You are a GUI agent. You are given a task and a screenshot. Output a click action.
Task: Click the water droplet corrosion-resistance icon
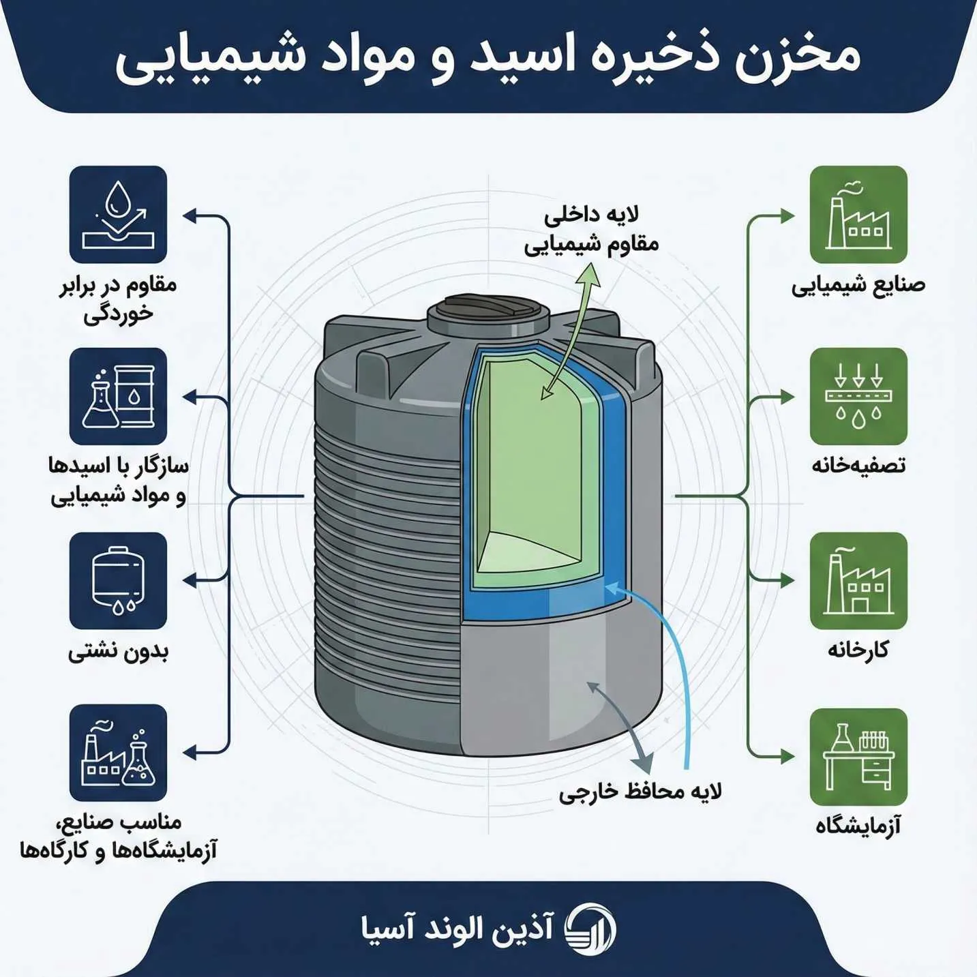118,214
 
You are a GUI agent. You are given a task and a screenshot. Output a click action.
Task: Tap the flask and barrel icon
118,396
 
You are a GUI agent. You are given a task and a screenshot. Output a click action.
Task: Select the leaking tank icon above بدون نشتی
118,581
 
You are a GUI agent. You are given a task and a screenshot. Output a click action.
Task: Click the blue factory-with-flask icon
118,753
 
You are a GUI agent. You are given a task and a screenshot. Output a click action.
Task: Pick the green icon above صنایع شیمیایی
858,214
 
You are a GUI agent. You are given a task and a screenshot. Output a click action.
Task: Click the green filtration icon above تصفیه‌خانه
858,396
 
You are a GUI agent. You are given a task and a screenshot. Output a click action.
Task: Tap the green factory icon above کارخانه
858,581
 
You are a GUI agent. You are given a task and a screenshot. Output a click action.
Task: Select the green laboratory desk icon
858,757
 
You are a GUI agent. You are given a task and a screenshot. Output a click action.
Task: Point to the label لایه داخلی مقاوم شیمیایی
591,230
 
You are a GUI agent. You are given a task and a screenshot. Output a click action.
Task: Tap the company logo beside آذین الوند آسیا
590,929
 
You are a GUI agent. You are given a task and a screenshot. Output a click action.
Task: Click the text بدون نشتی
118,652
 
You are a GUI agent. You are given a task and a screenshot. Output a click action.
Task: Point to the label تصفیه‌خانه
858,466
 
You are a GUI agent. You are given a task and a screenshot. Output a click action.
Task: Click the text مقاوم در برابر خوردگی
118,299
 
